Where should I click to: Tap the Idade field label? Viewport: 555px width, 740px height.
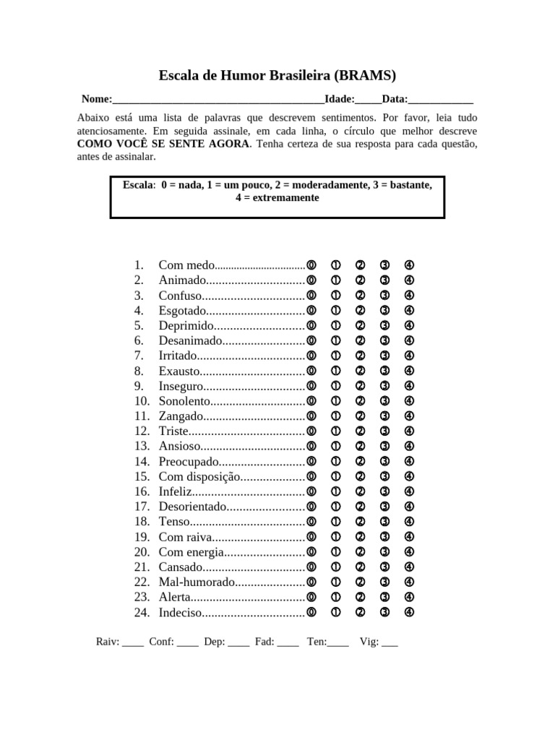point(339,99)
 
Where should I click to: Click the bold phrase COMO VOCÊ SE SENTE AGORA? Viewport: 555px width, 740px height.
point(163,144)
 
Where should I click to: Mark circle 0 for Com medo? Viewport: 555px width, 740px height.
point(311,265)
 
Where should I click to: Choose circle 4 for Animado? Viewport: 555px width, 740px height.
point(409,280)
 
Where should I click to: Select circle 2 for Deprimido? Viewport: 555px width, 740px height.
point(360,326)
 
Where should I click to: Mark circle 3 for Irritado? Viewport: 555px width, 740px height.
point(384,356)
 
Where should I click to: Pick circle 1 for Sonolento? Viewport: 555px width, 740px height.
point(336,401)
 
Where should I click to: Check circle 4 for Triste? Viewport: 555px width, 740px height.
point(409,431)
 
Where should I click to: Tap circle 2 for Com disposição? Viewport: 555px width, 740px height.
point(360,476)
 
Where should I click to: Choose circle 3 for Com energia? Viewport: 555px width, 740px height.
point(384,552)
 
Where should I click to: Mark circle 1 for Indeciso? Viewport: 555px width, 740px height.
point(336,613)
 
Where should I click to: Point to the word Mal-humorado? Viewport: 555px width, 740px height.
point(197,582)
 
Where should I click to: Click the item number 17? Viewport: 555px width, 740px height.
point(141,507)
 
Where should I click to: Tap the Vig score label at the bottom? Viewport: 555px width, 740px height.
point(368,641)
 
